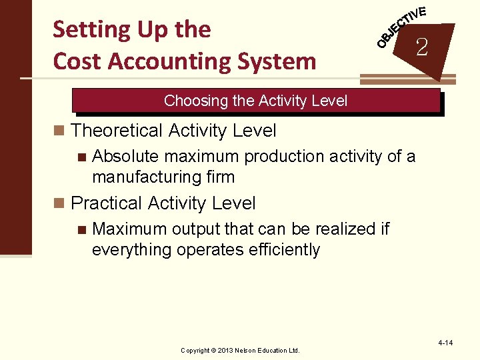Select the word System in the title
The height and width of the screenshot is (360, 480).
pos(279,61)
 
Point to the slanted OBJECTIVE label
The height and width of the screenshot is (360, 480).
pos(401,27)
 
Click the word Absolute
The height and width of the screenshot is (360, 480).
pos(125,157)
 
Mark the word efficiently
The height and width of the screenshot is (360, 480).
pos(285,250)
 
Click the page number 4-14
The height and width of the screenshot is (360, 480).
pos(445,343)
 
